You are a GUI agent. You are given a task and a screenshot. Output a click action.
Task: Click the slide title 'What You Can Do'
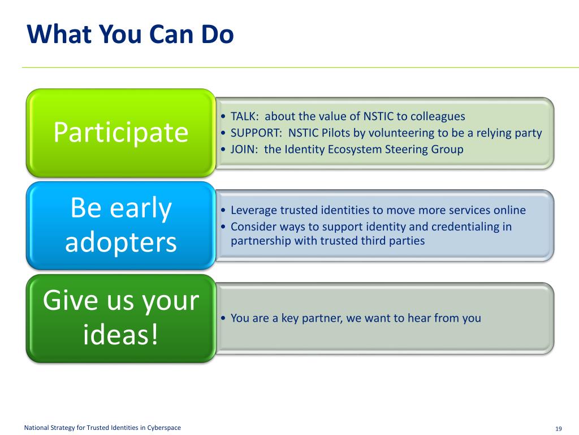click(x=131, y=34)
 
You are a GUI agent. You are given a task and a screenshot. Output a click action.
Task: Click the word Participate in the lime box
click(x=121, y=133)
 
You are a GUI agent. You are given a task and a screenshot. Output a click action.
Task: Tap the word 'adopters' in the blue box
click(x=121, y=243)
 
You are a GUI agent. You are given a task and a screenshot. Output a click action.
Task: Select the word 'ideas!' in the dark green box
click(x=121, y=334)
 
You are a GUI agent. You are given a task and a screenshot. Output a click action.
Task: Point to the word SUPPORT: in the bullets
click(x=256, y=133)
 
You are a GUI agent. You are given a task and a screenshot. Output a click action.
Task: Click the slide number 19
click(x=558, y=428)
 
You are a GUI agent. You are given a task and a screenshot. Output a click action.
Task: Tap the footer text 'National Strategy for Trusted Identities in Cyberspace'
click(x=102, y=428)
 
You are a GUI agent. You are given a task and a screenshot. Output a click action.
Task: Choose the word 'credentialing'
click(x=465, y=227)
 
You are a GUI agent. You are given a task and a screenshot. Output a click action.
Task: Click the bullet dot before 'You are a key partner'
click(x=223, y=318)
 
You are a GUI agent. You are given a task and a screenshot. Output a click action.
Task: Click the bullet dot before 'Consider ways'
click(x=223, y=227)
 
